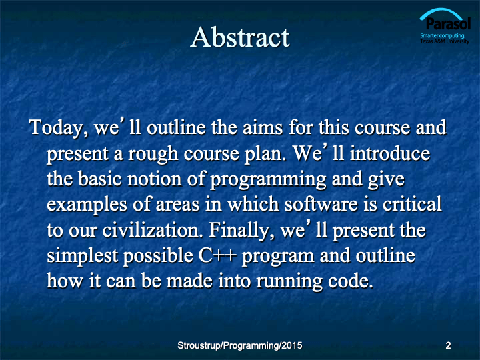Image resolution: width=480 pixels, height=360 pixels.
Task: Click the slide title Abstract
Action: (240, 37)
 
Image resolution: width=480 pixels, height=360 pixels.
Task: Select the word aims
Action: (263, 127)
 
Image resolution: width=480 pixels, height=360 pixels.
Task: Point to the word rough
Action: (153, 154)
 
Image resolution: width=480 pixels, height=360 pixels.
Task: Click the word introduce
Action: (390, 153)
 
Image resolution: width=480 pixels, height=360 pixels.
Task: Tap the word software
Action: (321, 204)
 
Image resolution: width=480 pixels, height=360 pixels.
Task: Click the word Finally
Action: (241, 231)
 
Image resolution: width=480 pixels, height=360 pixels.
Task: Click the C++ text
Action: (217, 256)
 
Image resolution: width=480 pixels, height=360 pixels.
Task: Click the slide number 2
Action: (448, 345)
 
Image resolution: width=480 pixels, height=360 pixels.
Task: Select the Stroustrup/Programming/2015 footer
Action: (240, 345)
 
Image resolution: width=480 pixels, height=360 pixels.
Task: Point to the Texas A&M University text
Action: (445, 41)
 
